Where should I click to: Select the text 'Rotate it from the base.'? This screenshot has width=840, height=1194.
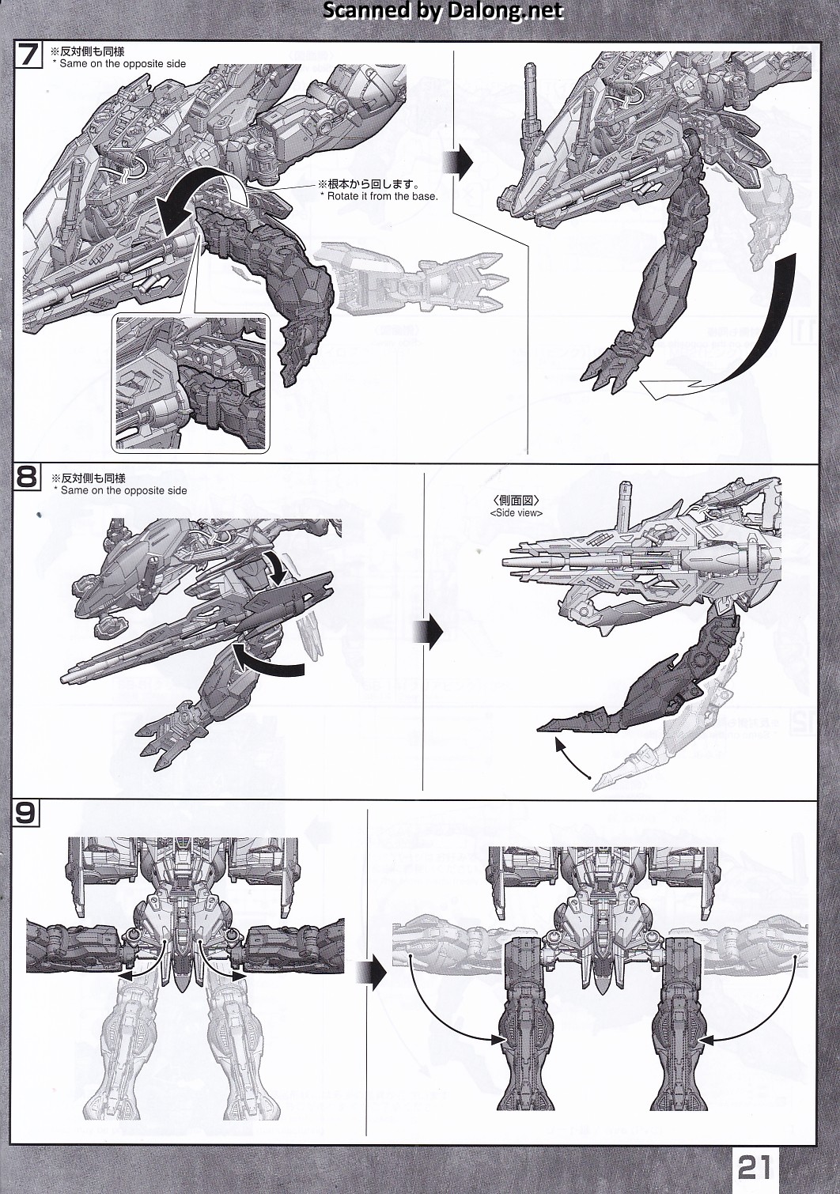tap(378, 196)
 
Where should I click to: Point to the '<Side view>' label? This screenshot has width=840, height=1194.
tap(516, 512)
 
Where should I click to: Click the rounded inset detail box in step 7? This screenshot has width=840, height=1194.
tap(191, 382)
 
